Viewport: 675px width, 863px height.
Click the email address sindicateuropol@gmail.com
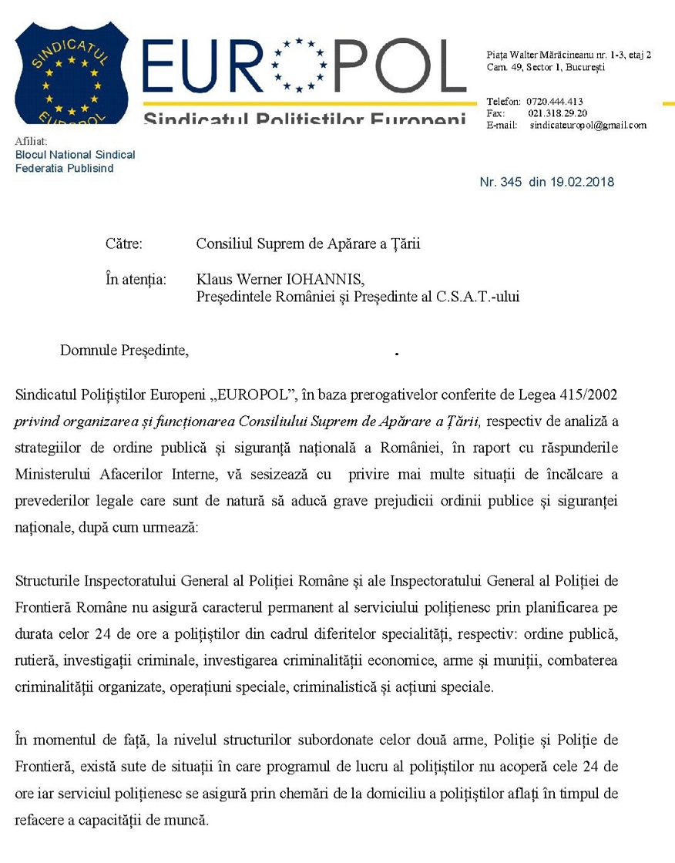[588, 125]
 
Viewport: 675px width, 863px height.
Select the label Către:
[123, 244]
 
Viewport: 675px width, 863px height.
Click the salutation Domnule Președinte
[124, 351]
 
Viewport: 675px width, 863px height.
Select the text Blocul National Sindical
[75, 155]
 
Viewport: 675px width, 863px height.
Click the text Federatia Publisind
[64, 168]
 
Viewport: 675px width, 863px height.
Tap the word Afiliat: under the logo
[31, 142]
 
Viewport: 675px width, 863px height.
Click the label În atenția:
[135, 278]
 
